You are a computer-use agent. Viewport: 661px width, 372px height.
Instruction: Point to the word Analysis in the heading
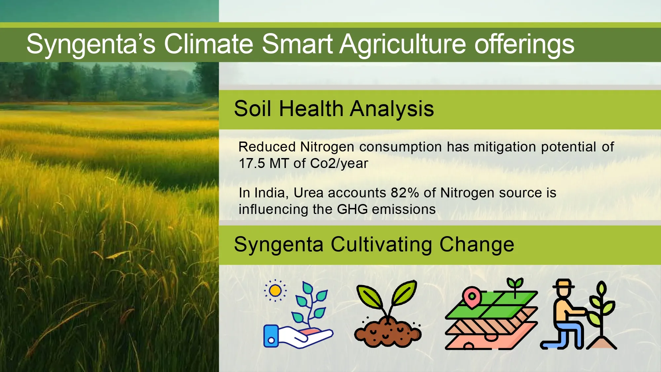click(392, 109)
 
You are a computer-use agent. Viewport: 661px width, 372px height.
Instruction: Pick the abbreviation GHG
click(352, 209)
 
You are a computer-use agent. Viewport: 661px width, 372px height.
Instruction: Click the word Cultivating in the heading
click(381, 245)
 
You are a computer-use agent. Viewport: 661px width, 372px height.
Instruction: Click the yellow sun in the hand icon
click(275, 291)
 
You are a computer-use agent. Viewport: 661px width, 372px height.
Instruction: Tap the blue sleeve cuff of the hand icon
click(271, 336)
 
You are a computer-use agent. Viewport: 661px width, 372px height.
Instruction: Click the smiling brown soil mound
click(388, 332)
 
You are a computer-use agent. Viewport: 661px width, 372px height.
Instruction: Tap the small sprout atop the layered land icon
click(515, 286)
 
